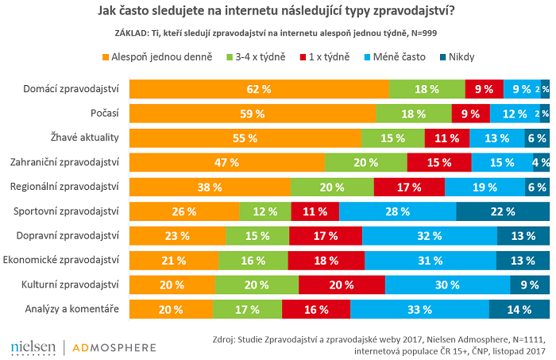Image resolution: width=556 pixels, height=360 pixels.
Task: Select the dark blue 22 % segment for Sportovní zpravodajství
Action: pos(503,211)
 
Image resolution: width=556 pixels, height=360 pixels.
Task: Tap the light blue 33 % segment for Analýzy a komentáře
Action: pos(419,309)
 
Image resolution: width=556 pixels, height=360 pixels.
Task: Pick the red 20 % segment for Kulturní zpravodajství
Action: pos(342,285)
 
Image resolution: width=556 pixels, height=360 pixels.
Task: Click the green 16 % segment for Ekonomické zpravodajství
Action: pos(253,261)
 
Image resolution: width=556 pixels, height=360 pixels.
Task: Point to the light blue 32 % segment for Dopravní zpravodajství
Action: pos(430,236)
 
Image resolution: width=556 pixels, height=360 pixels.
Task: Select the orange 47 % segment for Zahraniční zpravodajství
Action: pos(227,163)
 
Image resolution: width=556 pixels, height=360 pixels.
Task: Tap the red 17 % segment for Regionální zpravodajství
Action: pos(409,188)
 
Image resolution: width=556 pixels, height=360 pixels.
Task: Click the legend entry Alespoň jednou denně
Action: pos(158,57)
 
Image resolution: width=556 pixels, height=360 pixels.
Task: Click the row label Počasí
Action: pos(104,114)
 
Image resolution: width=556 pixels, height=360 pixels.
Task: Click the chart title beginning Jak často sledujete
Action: pos(277,12)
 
